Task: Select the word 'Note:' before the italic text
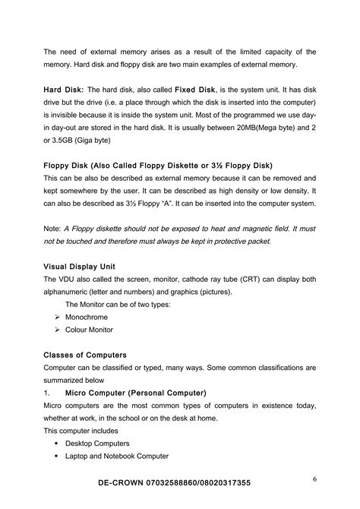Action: (52, 228)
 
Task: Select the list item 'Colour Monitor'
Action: (89, 330)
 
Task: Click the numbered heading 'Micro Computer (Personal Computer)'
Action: (135, 393)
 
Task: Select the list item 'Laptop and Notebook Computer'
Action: (116, 456)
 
